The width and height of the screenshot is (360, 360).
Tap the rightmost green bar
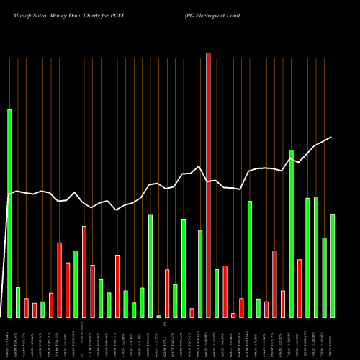coord(333,266)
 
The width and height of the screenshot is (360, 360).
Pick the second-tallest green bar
coord(292,233)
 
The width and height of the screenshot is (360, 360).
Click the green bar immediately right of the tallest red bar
coord(217,293)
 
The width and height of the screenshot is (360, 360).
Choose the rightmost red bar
coord(300,288)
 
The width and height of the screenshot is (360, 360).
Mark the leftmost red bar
coord(26,308)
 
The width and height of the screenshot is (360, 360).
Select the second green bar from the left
coord(18,302)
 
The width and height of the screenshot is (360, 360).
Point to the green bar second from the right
coord(325,277)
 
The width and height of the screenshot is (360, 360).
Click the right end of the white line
coord(331,137)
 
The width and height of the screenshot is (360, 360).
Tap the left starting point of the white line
coord(9,194)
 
